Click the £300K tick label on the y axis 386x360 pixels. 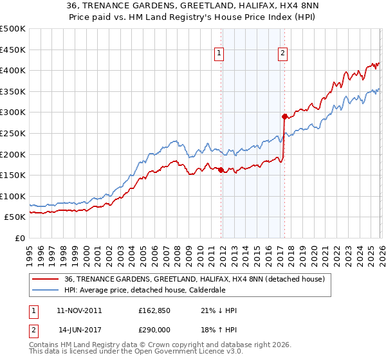tap(13, 113)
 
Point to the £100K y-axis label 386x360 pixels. tap(13, 196)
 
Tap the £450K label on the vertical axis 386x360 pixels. tap(13, 50)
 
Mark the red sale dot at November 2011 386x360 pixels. tap(221, 170)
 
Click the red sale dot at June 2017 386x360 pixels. tap(284, 116)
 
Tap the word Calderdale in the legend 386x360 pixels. tap(188, 290)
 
